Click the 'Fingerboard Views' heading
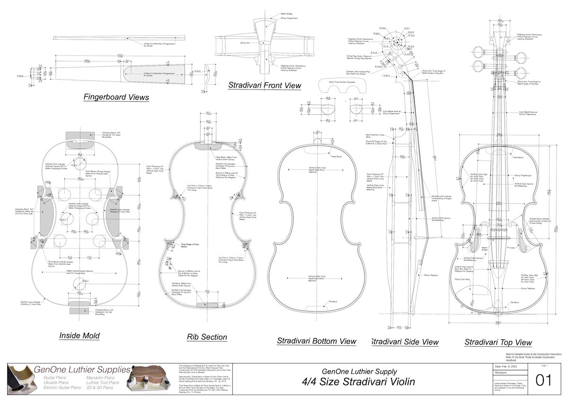116,98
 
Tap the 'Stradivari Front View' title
264,86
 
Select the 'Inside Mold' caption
79,336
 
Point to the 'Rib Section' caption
207,337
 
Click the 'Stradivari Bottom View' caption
316,341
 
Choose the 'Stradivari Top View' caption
498,342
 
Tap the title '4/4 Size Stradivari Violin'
359,382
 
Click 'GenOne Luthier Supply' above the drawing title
359,372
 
